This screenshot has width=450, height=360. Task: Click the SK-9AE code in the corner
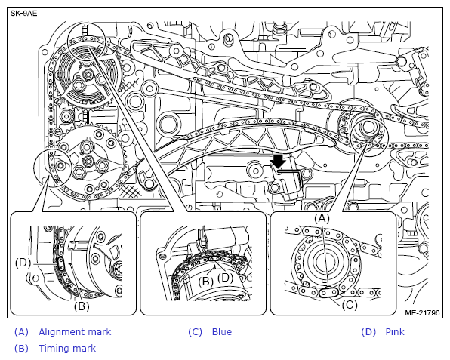(24, 13)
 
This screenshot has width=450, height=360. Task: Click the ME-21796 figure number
(422, 312)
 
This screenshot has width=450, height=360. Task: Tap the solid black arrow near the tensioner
(279, 162)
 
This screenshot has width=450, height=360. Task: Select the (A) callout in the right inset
(322, 218)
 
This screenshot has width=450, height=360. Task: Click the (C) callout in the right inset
(350, 305)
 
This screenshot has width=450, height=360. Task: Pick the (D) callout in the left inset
(23, 263)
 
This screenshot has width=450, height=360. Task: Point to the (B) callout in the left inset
(82, 306)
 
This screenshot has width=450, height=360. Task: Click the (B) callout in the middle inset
(206, 281)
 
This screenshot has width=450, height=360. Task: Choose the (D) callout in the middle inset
(225, 278)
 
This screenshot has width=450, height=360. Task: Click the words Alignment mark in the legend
(75, 332)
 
